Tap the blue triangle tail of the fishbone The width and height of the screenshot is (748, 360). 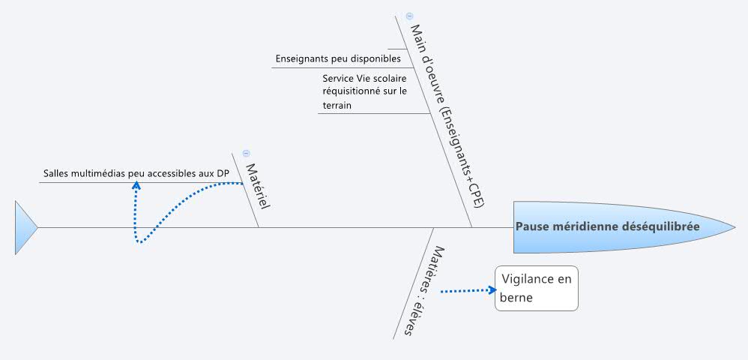click(25, 227)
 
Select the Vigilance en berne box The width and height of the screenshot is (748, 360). click(536, 288)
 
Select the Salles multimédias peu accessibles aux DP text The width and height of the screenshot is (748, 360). click(136, 173)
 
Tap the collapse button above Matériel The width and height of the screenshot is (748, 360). click(245, 152)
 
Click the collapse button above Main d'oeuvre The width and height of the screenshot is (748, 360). click(409, 16)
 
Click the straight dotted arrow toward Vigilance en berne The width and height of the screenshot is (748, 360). click(468, 289)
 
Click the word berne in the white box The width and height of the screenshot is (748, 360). click(516, 298)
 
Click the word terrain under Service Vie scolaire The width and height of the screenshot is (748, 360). click(337, 106)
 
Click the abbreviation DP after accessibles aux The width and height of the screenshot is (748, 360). click(223, 173)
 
